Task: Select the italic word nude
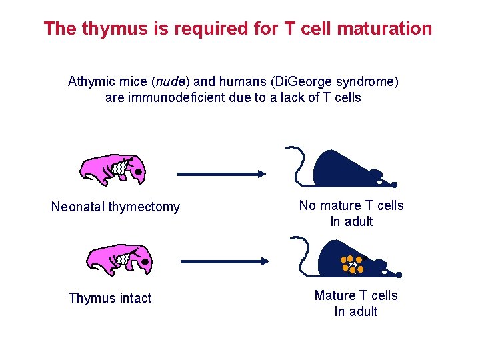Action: (171, 82)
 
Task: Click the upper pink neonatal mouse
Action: (112, 170)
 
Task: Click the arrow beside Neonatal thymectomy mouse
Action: (221, 174)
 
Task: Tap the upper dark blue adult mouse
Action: (347, 170)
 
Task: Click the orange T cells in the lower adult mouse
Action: (352, 264)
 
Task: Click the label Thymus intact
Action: (110, 298)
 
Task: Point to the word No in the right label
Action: (307, 205)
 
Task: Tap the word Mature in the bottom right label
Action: (335, 295)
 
